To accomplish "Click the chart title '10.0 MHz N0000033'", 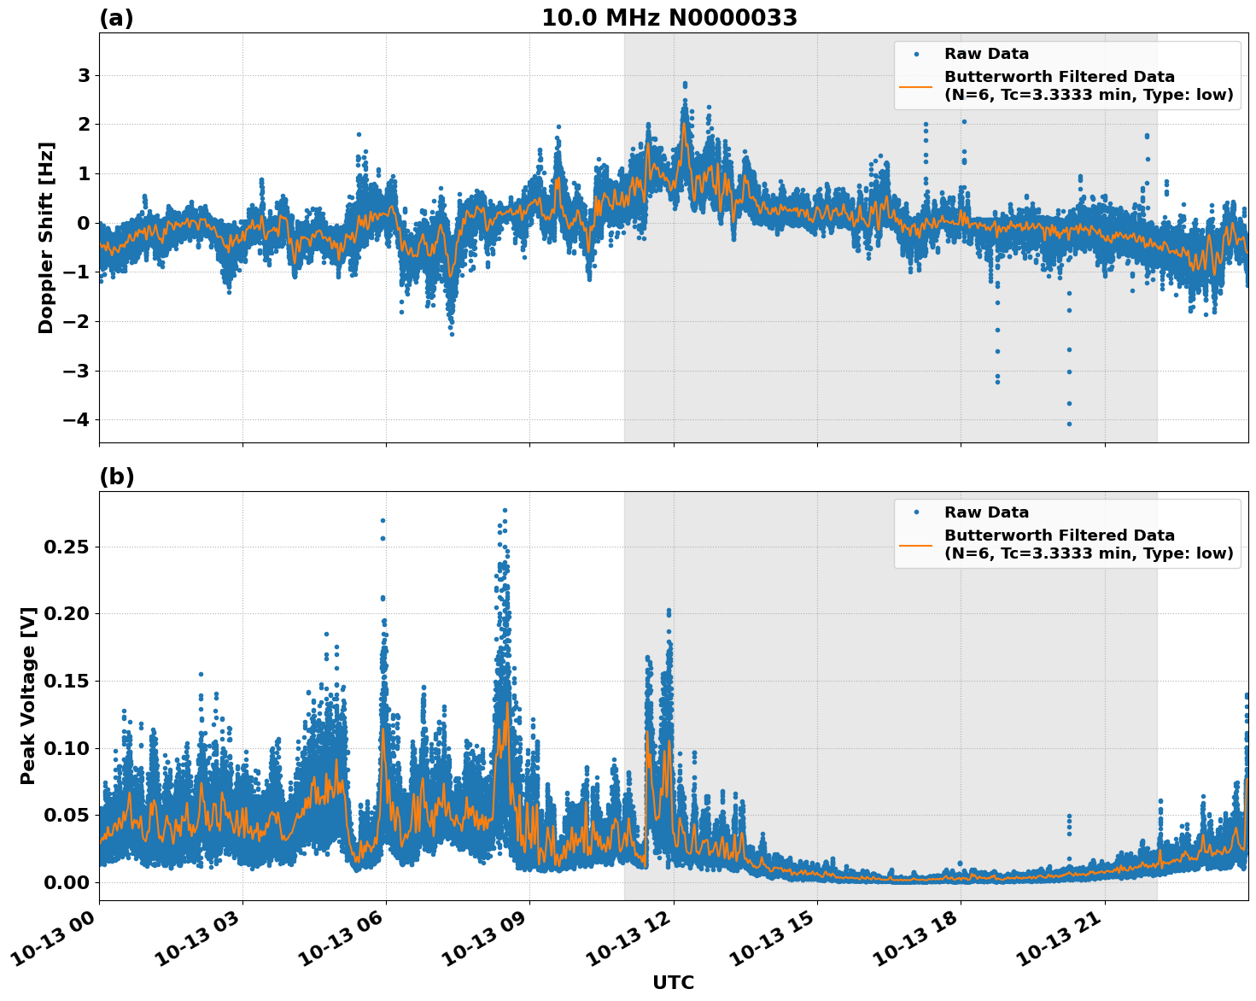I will click(669, 18).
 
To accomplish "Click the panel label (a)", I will click(116, 18).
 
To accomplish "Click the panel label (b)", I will click(116, 477).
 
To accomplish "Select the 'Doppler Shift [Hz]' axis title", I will click(46, 237).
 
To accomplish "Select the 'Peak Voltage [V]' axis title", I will click(28, 695).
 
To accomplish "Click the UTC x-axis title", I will click(673, 982).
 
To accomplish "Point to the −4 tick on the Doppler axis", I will click(75, 420).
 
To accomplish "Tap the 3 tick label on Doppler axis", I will click(84, 76).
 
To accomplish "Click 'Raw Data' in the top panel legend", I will click(986, 55).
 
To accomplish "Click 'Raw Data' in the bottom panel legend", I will click(986, 512).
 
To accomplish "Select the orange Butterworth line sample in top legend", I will click(916, 86).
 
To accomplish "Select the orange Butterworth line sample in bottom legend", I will click(916, 544).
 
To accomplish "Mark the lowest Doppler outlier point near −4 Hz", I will click(1069, 424).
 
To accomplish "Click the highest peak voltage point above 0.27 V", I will click(505, 511).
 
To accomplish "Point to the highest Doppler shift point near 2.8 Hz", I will click(685, 84).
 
